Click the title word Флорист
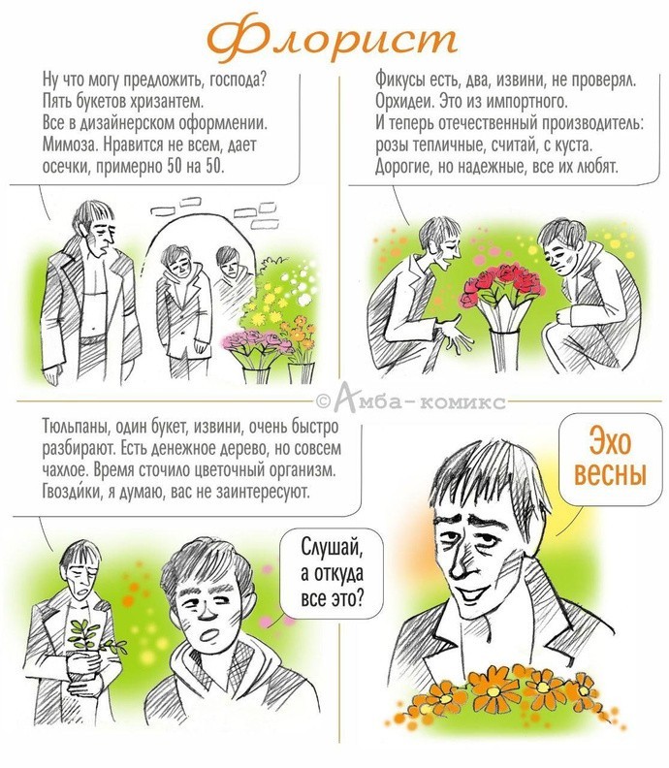click(332, 38)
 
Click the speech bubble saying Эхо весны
click(610, 458)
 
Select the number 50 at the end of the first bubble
click(214, 167)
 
